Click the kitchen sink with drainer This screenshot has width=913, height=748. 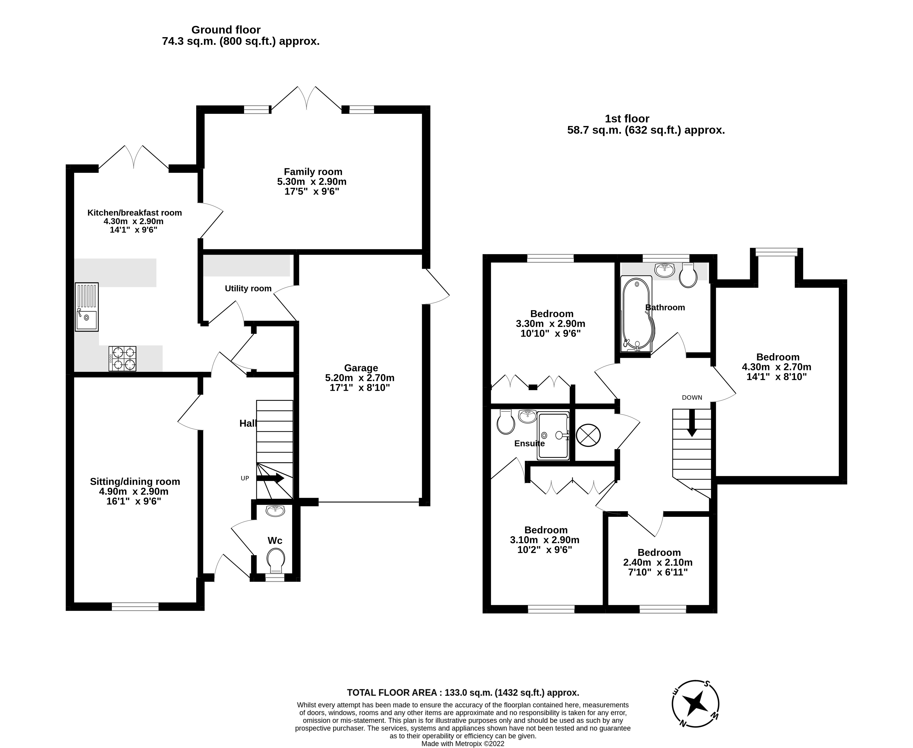click(x=86, y=307)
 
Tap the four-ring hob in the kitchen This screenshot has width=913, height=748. click(x=122, y=358)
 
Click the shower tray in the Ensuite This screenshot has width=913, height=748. click(x=554, y=436)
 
